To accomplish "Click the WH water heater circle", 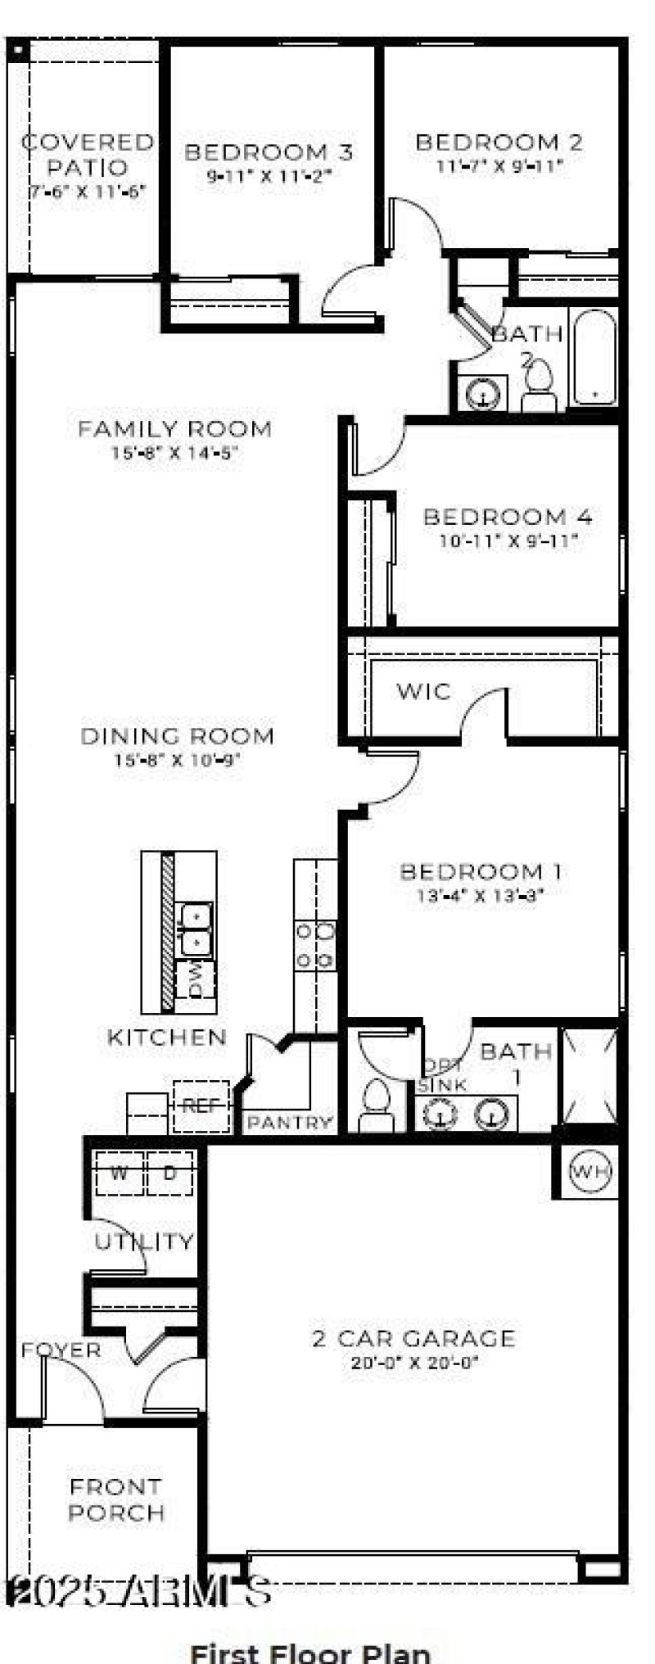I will click(589, 1171).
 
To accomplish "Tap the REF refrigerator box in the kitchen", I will click(201, 1106).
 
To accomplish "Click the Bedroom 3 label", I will click(269, 152).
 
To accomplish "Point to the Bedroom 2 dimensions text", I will click(500, 167).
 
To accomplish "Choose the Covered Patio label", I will click(88, 155).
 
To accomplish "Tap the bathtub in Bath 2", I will click(594, 357).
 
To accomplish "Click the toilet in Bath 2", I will click(539, 385).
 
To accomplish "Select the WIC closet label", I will click(423, 691).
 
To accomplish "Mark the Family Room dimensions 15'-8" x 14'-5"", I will click(174, 452).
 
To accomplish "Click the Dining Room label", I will click(177, 735).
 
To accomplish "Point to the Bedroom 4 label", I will click(508, 517).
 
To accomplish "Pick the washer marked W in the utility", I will click(120, 1173).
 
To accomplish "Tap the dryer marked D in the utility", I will click(169, 1173).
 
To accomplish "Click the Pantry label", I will click(291, 1122).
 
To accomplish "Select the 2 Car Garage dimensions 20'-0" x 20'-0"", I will click(413, 1363).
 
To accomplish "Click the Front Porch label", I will click(115, 1499).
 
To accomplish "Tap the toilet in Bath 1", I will click(377, 1106).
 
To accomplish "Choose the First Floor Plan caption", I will click(310, 1652).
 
